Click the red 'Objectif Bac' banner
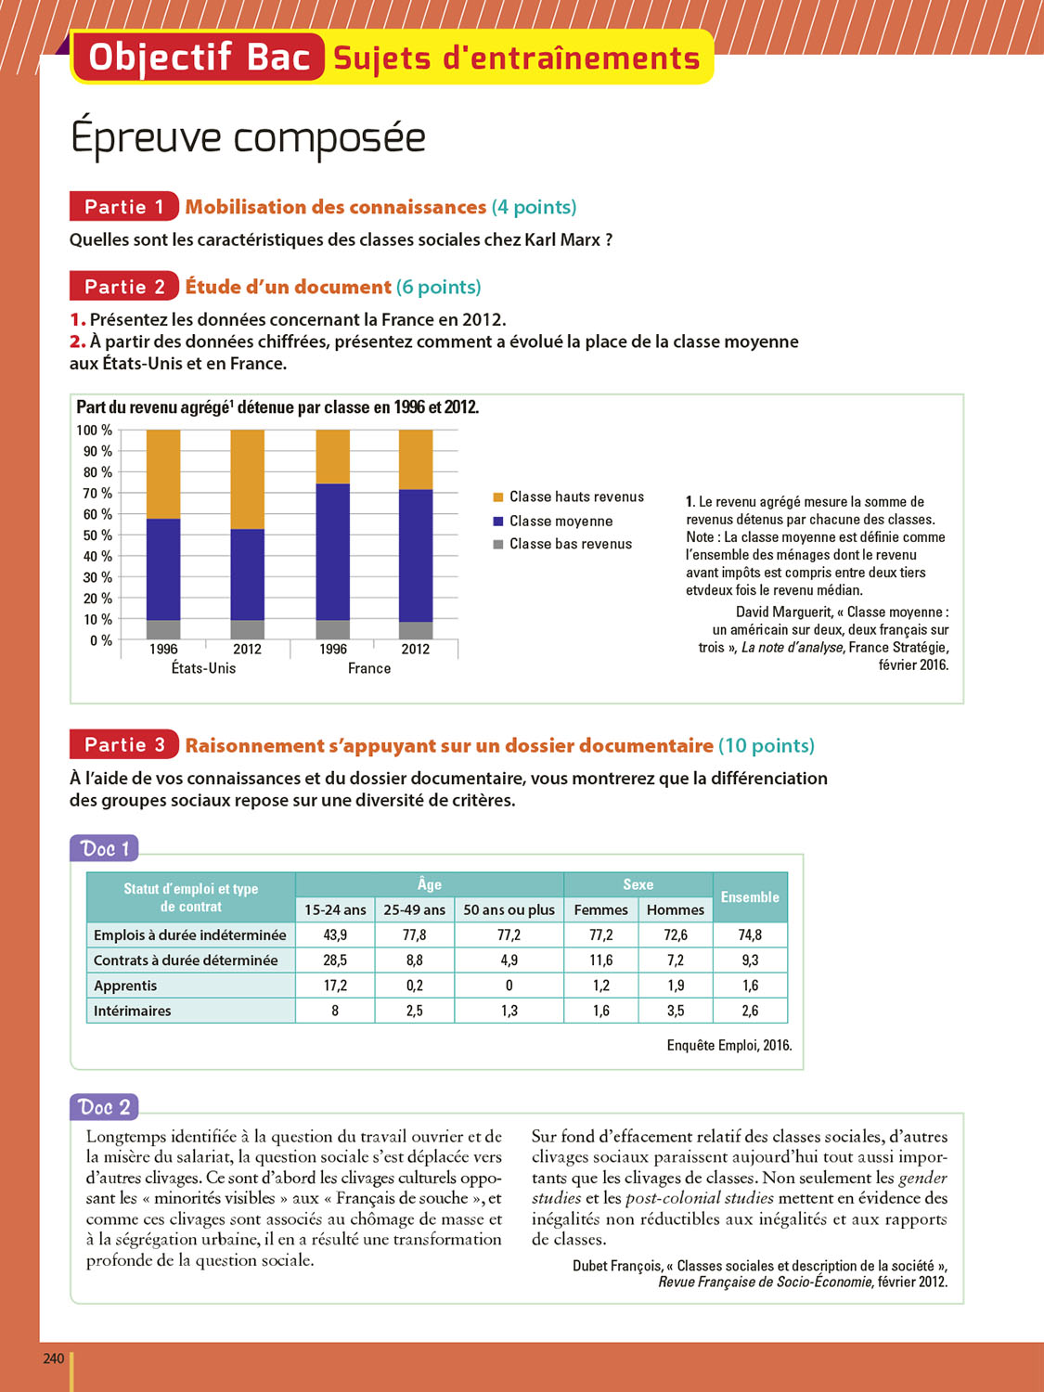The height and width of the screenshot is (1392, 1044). (x=198, y=58)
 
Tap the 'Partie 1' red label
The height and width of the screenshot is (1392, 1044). (x=123, y=207)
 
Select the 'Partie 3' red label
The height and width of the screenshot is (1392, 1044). (x=123, y=745)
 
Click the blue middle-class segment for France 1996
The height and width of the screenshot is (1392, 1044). (x=333, y=552)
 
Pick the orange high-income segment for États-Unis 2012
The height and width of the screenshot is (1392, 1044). (x=247, y=479)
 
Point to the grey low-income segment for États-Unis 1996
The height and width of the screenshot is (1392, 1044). (x=163, y=630)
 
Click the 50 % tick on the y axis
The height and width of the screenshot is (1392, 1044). (x=97, y=535)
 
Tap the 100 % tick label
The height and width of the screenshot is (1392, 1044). (x=94, y=431)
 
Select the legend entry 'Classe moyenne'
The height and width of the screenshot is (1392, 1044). (x=561, y=522)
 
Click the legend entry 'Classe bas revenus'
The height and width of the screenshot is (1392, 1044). (x=570, y=545)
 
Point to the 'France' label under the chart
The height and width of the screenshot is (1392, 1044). (x=369, y=668)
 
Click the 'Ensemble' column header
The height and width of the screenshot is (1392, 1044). (x=750, y=897)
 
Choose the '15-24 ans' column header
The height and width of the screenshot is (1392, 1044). (x=335, y=910)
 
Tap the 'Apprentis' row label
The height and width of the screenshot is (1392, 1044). (x=125, y=986)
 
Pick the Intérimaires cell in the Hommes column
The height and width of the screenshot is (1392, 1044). (x=676, y=1011)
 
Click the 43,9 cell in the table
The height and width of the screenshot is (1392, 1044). (x=335, y=935)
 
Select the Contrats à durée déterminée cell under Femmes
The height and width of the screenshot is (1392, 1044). (x=601, y=960)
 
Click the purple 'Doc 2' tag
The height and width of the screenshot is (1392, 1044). (x=105, y=1107)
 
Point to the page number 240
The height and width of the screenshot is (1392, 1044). (x=54, y=1359)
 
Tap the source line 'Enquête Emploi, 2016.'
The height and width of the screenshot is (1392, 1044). (x=728, y=1046)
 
